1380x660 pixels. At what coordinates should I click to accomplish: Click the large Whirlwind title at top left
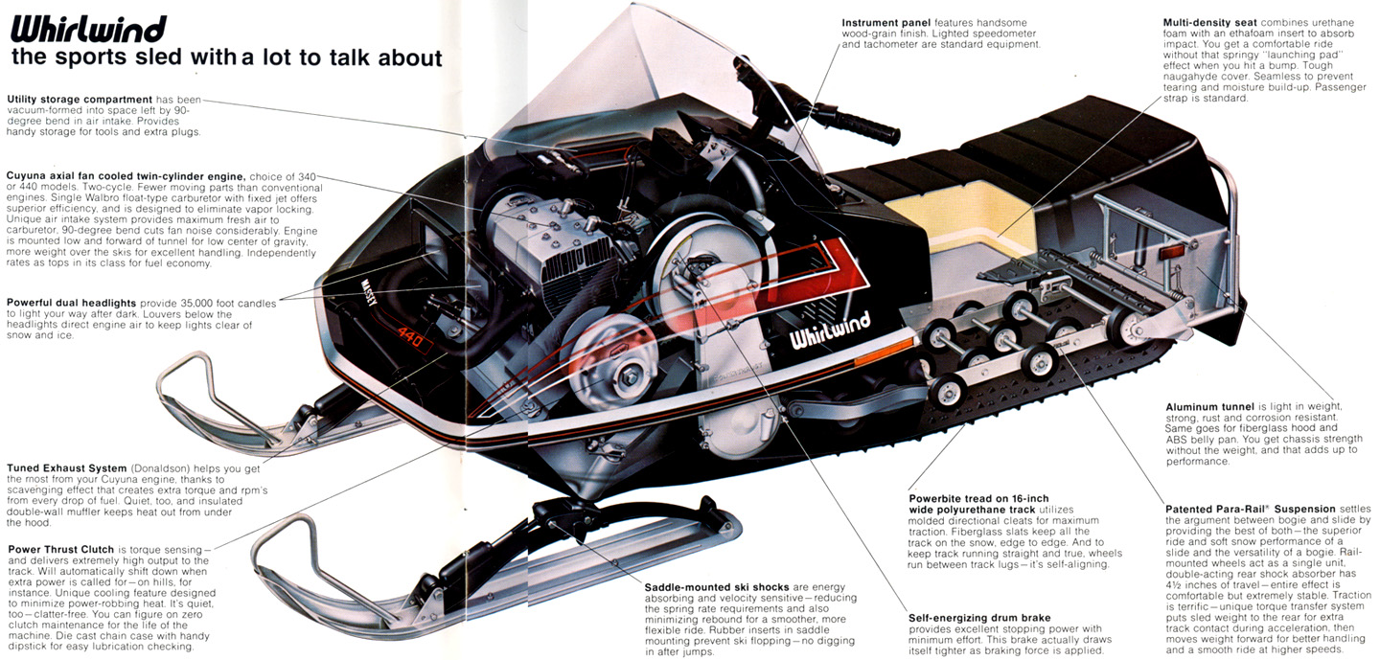point(89,29)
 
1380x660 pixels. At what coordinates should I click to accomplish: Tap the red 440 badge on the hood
point(410,336)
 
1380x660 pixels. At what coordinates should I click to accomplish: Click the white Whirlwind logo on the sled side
point(831,330)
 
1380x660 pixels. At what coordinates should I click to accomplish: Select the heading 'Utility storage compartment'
point(80,100)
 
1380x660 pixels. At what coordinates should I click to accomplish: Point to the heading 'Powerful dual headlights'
point(72,303)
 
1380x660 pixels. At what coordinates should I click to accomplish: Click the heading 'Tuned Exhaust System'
point(66,468)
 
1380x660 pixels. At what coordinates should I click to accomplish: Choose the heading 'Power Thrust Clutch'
point(61,549)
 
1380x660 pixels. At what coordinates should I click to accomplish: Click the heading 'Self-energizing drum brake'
point(979,618)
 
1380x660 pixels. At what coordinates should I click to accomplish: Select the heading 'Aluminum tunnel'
point(1210,406)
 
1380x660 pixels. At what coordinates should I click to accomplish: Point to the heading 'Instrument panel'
point(886,23)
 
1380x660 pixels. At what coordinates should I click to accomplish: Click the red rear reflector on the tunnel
point(1171,253)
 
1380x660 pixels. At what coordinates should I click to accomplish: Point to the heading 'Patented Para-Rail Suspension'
point(1251,510)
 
